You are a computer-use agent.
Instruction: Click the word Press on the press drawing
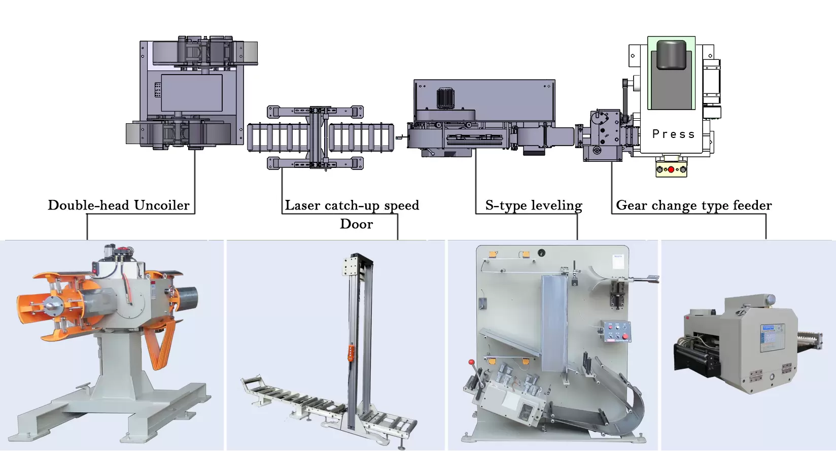[673, 134]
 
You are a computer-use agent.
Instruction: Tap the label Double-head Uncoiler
[119, 205]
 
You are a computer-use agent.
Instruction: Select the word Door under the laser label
[356, 224]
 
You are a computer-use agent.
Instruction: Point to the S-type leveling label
[533, 205]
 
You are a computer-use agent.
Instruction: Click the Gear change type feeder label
[693, 205]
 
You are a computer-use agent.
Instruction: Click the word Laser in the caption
[302, 205]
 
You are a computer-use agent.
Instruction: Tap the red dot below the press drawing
[671, 169]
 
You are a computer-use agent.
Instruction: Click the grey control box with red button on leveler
[615, 331]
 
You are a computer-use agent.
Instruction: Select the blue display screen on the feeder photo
[771, 337]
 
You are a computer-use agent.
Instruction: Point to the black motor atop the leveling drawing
[445, 98]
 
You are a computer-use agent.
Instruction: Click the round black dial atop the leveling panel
[542, 252]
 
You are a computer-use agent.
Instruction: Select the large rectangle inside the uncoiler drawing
[192, 93]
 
